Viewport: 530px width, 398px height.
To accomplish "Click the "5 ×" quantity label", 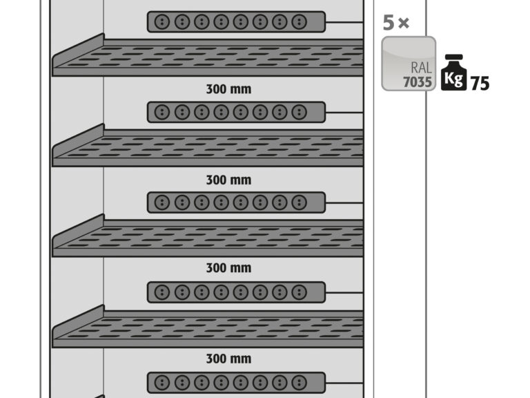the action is click(396, 23).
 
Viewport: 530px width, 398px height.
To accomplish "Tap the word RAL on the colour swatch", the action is click(421, 68).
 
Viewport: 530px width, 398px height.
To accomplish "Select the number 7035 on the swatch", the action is click(418, 82).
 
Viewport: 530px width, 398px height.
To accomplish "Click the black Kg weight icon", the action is click(454, 73).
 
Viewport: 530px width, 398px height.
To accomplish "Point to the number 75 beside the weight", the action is click(480, 83).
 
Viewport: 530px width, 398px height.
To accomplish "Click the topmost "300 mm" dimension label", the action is click(229, 89).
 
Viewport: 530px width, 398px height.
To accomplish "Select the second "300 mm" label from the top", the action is click(229, 180).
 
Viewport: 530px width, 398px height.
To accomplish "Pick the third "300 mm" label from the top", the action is click(229, 268).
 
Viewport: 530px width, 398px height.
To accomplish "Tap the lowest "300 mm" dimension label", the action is click(229, 359).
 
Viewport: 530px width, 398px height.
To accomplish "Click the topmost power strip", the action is click(236, 22).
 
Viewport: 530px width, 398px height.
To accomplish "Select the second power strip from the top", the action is click(236, 112).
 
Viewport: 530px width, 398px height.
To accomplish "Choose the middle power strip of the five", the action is click(236, 202).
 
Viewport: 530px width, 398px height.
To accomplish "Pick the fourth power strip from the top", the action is click(236, 292).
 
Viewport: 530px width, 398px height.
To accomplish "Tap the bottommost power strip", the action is click(236, 383).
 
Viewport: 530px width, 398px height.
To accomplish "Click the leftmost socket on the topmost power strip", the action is click(162, 22).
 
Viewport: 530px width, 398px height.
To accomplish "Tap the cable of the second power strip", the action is click(344, 112).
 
